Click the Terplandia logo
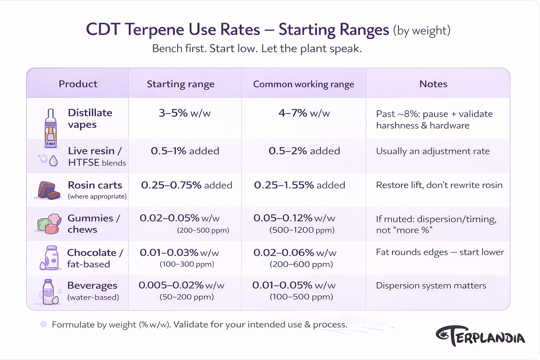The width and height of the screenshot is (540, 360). tap(480, 336)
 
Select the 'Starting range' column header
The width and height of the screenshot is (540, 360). tap(180, 84)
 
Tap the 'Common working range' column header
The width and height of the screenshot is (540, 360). tap(303, 84)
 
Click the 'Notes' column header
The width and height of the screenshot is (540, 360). tap(433, 84)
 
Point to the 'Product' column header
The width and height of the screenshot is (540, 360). tap(78, 84)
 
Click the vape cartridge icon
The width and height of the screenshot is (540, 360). tap(51, 129)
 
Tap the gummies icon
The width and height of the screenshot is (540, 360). tap(48, 224)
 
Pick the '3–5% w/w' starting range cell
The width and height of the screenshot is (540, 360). tap(185, 113)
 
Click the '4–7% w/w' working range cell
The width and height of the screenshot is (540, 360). tap(304, 113)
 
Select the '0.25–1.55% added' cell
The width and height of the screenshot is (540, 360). tap(300, 185)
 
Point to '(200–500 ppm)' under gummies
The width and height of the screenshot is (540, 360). tap(203, 230)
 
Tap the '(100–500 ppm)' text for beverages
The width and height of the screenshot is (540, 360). tap(301, 297)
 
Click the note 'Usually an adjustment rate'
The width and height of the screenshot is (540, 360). tap(433, 151)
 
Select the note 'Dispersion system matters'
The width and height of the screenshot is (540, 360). tap(431, 285)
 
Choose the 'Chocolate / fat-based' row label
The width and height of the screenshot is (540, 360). tap(95, 258)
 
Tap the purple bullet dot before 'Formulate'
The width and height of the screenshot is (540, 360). tap(44, 324)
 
